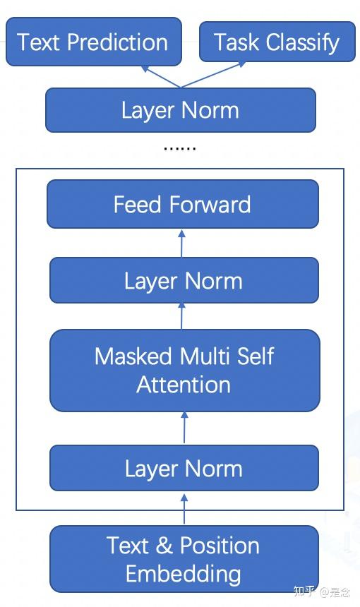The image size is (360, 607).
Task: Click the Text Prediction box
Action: click(x=93, y=42)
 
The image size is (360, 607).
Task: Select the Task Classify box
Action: click(x=276, y=42)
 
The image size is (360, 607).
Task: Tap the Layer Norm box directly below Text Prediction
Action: click(x=180, y=110)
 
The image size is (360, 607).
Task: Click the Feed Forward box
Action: click(x=182, y=205)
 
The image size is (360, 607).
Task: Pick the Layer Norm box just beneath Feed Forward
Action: click(x=183, y=281)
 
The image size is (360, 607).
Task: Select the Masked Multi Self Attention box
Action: click(x=184, y=371)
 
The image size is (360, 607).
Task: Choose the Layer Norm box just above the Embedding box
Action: click(x=184, y=469)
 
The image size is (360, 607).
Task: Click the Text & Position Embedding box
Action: click(x=184, y=559)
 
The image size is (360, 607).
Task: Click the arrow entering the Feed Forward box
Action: click(x=181, y=243)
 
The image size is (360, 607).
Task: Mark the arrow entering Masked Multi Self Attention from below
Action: click(x=184, y=428)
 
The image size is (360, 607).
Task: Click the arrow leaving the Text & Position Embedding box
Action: click(x=184, y=508)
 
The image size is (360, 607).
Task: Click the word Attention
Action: click(x=184, y=385)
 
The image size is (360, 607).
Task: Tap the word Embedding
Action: click(x=184, y=573)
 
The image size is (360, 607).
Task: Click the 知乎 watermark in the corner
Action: click(x=305, y=591)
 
